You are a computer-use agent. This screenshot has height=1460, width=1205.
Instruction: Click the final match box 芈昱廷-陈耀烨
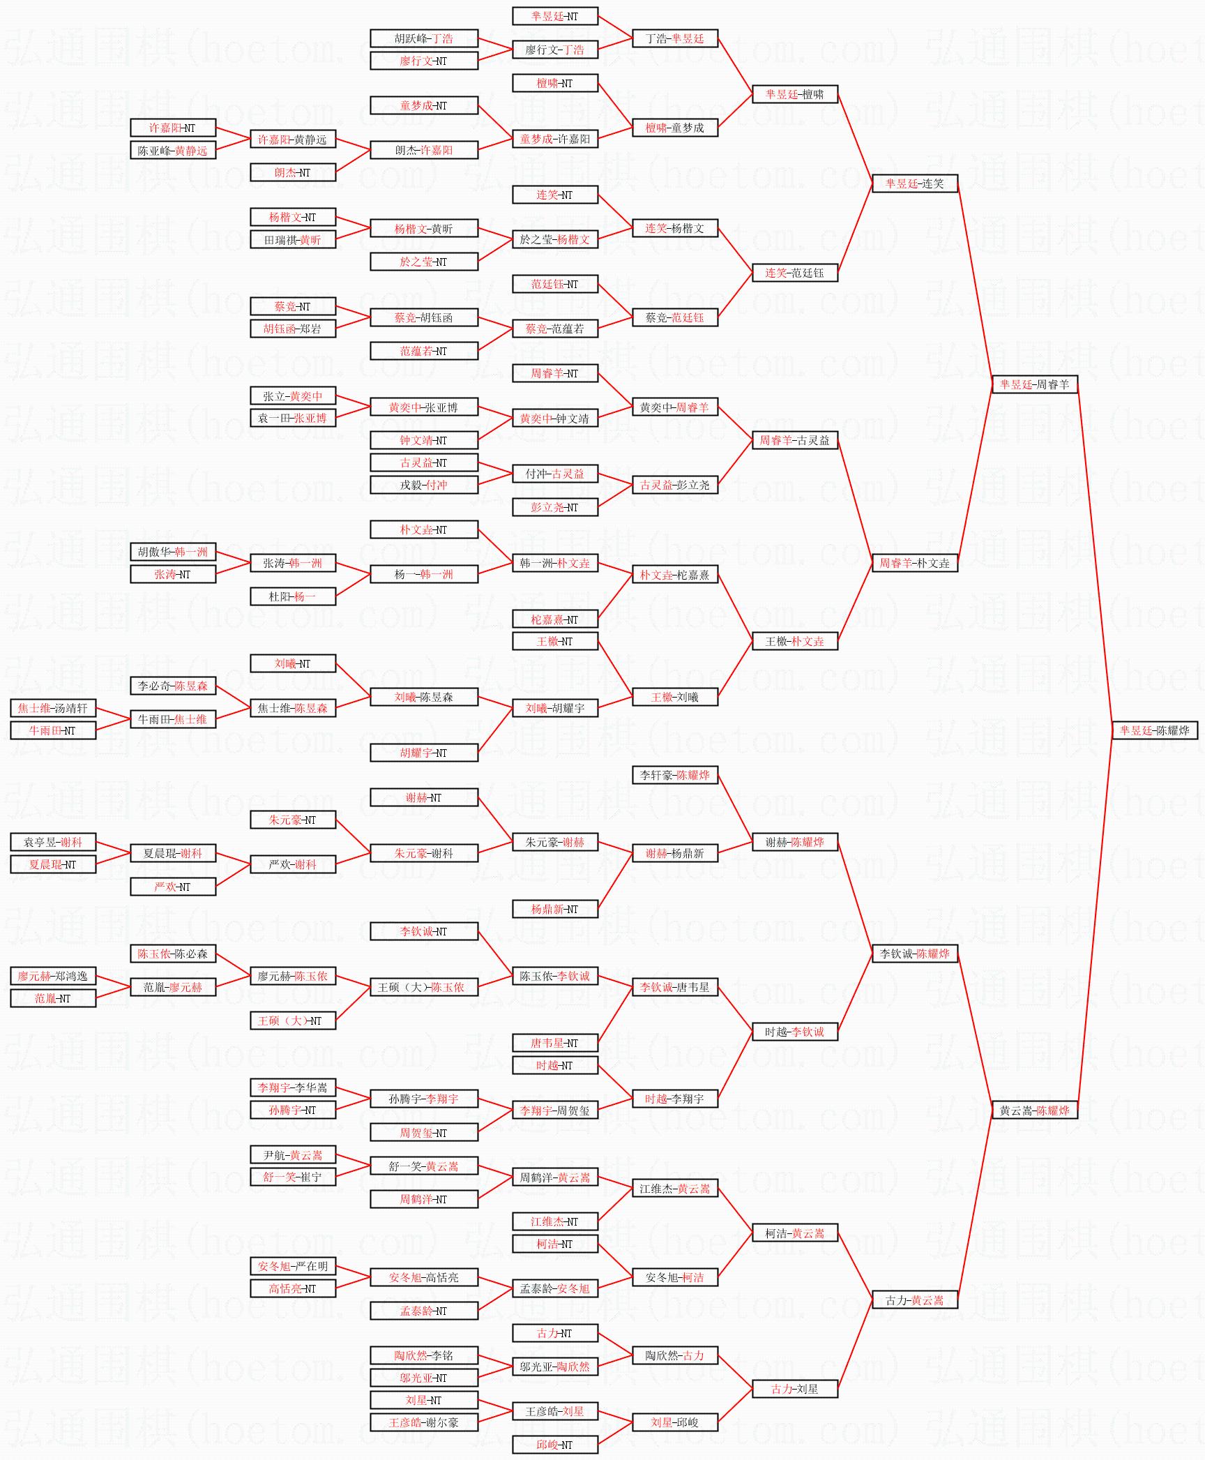1154,730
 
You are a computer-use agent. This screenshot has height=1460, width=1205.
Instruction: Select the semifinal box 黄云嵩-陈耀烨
1034,1110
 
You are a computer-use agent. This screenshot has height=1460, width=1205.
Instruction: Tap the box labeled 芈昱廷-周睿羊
1034,384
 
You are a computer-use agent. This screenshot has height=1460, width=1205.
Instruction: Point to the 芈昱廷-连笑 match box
914,183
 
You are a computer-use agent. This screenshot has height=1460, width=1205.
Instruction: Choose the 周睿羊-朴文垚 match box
914,563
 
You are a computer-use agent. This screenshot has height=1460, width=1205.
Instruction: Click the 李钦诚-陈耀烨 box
914,954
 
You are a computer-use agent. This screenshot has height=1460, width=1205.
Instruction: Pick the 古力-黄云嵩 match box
914,1300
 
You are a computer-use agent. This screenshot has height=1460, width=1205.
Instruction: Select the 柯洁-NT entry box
554,1244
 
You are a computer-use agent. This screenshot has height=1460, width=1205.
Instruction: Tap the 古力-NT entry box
554,1333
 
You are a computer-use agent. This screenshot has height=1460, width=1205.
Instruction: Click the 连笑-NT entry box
554,195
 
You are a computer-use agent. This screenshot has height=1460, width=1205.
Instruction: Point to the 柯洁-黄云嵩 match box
794,1233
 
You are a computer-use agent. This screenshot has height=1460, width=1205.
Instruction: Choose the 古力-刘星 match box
794,1389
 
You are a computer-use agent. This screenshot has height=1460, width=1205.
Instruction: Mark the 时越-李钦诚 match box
794,1032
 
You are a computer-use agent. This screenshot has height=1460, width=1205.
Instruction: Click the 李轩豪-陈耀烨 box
674,775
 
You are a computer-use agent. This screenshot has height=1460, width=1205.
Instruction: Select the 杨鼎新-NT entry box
554,909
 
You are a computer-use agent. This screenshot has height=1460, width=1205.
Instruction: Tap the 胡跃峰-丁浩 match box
423,38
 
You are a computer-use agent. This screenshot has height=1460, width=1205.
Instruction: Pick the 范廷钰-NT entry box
554,284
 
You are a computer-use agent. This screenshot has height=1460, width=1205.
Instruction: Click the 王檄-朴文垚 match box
794,641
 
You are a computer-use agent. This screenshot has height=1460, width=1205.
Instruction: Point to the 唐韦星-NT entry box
554,1043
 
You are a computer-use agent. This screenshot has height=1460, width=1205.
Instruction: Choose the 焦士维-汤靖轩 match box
53,708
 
